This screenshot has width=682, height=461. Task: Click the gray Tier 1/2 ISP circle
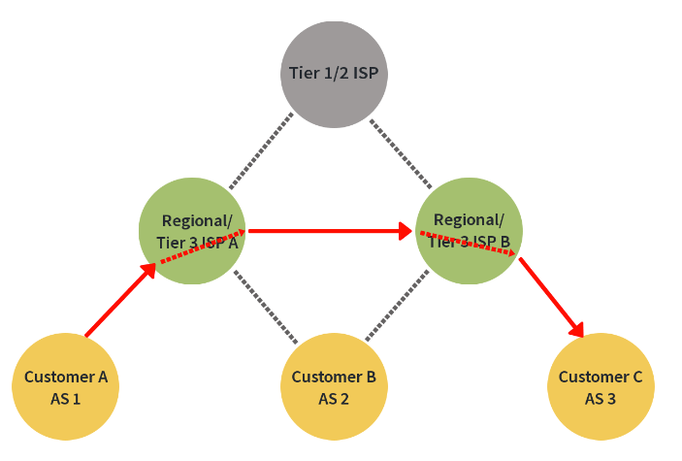[335, 73]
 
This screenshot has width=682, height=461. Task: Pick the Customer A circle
[65, 386]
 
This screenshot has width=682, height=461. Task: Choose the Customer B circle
[334, 386]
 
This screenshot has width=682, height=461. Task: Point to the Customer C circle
[601, 386]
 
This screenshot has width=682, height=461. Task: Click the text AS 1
[65, 398]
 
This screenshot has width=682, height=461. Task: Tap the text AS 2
[334, 398]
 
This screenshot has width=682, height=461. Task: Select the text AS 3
[601, 398]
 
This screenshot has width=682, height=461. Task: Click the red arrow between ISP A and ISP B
[325, 231]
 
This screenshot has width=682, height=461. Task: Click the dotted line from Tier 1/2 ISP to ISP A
[260, 150]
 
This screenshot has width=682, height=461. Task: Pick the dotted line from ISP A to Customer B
[264, 307]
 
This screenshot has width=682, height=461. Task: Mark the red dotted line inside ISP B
[470, 244]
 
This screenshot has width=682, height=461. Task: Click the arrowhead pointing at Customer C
[579, 329]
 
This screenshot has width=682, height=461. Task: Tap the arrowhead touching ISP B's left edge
[408, 231]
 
